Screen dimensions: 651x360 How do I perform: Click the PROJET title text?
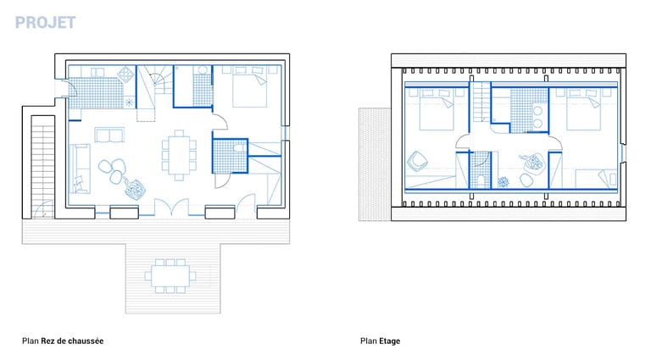[x=45, y=22]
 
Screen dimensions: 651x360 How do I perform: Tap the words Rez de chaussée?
[x=72, y=341]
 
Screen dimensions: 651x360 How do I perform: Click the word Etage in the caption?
[x=389, y=341]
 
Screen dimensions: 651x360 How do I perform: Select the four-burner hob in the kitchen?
[x=125, y=74]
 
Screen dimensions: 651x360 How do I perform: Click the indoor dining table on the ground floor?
[x=179, y=155]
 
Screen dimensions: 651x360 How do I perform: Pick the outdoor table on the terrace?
[x=170, y=276]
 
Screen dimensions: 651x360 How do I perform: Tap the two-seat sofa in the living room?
[x=109, y=135]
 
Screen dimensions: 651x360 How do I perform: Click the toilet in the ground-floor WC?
[x=240, y=147]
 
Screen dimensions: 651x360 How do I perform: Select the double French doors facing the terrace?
[x=171, y=207]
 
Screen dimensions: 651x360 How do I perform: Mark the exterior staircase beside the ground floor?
[x=42, y=166]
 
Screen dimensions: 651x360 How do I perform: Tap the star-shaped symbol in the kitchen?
[x=129, y=102]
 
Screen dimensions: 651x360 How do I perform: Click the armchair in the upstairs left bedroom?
[x=417, y=160]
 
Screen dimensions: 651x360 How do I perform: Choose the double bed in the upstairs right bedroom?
[x=583, y=109]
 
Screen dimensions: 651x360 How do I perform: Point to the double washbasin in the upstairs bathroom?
[x=537, y=118]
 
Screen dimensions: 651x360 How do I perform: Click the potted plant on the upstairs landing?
[x=504, y=182]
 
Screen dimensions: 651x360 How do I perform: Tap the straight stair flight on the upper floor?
[x=481, y=102]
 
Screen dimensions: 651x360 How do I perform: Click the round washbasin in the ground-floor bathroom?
[x=203, y=69]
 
